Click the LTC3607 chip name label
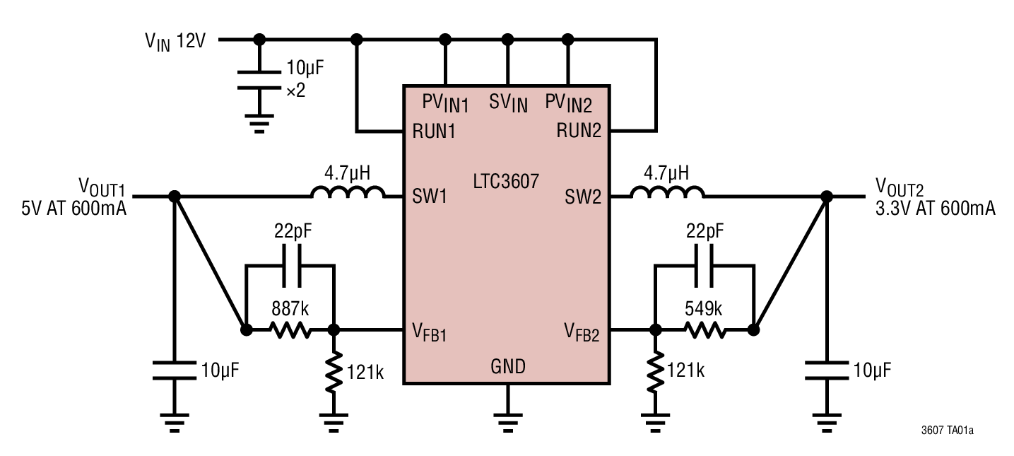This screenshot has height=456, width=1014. coord(506,182)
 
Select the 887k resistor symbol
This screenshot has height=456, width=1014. coord(290,329)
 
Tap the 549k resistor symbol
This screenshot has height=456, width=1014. coord(703,329)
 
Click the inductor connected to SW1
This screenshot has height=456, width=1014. coord(347,192)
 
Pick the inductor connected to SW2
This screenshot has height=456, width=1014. coord(666,192)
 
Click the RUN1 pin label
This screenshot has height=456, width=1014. coord(435,131)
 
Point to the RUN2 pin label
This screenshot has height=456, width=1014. coord(579,131)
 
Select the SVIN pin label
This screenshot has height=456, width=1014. coord(507,104)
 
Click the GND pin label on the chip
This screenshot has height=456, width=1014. coord(507,367)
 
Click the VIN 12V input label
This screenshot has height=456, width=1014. coord(175,41)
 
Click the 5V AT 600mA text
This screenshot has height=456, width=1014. coord(74,208)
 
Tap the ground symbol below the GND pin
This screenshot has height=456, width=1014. coord(506,423)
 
